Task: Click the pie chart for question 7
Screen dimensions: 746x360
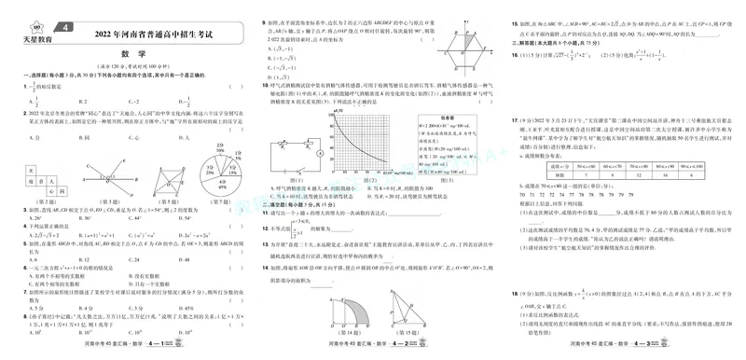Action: click(x=221, y=166)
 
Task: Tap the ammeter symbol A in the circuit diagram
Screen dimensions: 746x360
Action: click(x=319, y=149)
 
